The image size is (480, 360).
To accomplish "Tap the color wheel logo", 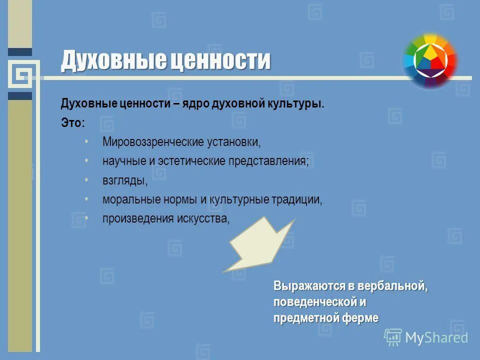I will [x=430, y=60].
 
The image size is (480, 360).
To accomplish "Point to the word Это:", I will [x=73, y=123].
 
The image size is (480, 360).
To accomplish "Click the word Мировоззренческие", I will [x=148, y=142].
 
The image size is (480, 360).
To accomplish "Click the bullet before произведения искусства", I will [x=86, y=218].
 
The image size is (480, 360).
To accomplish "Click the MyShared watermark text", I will [x=436, y=337].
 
